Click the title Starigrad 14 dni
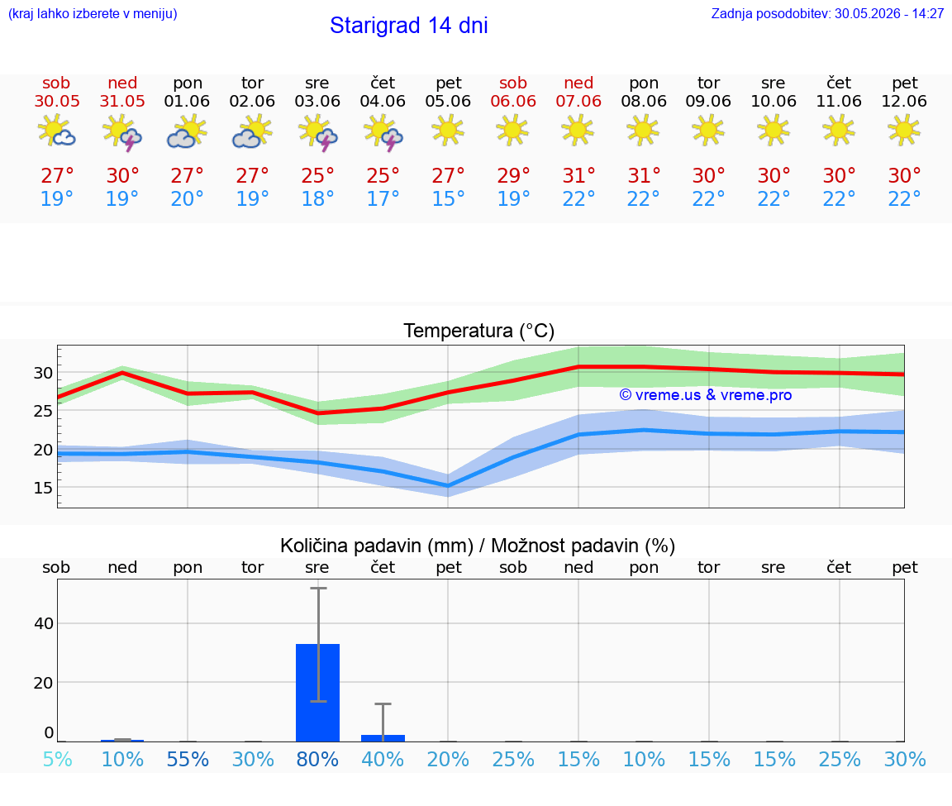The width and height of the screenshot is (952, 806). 408,26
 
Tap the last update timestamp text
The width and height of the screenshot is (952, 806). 827,13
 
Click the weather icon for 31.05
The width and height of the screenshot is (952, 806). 122,132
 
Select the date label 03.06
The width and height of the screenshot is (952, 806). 317,101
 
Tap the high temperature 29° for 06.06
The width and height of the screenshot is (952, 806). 514,175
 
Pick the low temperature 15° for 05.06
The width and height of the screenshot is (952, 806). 448,198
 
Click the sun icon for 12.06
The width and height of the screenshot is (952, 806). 904,131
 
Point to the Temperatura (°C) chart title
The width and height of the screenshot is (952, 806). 479,331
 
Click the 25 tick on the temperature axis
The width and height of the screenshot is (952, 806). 43,411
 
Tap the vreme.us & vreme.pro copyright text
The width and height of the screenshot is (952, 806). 706,395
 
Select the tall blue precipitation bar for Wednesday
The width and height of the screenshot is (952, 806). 317,693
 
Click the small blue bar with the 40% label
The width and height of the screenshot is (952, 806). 383,738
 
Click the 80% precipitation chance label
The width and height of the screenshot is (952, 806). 317,759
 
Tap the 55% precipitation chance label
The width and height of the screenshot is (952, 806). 188,759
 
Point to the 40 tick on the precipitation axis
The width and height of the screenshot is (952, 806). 44,623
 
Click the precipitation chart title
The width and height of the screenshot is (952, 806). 478,546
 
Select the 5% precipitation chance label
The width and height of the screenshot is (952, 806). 58,759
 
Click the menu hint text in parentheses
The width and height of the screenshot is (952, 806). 93,14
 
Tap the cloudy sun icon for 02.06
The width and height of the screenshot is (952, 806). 252,132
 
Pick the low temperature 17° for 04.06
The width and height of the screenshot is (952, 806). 383,198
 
